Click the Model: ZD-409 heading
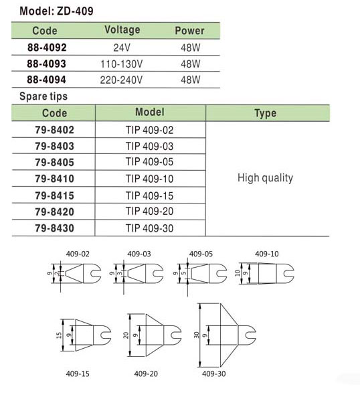(x=56, y=11)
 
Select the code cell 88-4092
(x=47, y=48)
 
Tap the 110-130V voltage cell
(x=121, y=64)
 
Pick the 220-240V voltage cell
(x=121, y=80)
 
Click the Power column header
(x=189, y=31)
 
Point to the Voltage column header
(x=122, y=30)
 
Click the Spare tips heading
(x=43, y=96)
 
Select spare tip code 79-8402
(x=54, y=130)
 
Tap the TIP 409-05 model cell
(x=150, y=162)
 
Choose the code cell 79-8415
(x=54, y=195)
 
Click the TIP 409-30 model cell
(x=150, y=228)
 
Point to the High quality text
(x=265, y=178)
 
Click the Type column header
(x=265, y=113)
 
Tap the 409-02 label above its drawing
(x=78, y=254)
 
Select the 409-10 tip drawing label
(x=267, y=254)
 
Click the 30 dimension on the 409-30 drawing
(x=196, y=335)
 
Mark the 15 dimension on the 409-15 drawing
(x=59, y=335)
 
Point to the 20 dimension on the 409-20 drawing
(x=126, y=335)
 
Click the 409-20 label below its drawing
(x=146, y=374)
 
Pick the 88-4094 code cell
(x=47, y=80)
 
